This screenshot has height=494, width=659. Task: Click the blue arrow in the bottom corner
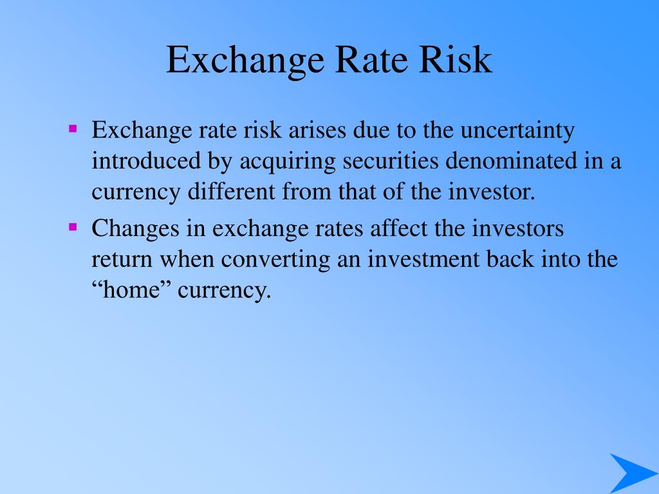pyautogui.click(x=634, y=473)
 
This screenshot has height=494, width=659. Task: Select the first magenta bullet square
pyautogui.click(x=73, y=128)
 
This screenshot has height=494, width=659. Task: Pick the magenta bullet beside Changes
pyautogui.click(x=73, y=227)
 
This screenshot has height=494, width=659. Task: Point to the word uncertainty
pyautogui.click(x=517, y=130)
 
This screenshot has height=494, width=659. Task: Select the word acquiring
pyautogui.click(x=288, y=162)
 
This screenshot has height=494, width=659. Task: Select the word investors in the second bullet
pyautogui.click(x=517, y=228)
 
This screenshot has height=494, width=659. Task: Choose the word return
pyautogui.click(x=122, y=260)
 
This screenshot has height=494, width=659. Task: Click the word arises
pyautogui.click(x=317, y=130)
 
